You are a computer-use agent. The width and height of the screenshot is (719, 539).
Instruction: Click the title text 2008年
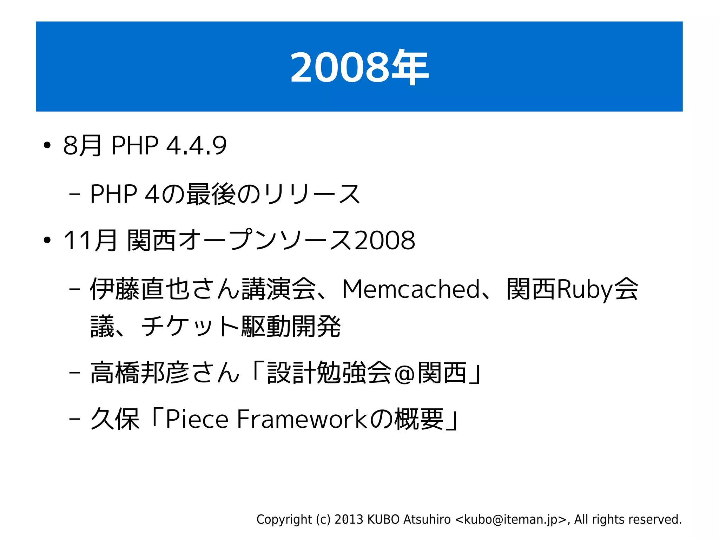pyautogui.click(x=359, y=67)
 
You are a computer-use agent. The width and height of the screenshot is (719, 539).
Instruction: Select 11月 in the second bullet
pyautogui.click(x=90, y=241)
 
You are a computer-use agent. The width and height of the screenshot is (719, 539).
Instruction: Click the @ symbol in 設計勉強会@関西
pyautogui.click(x=404, y=374)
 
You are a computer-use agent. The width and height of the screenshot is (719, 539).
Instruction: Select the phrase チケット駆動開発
pyautogui.click(x=240, y=327)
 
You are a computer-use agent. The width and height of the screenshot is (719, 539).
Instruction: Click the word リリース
pyautogui.click(x=312, y=194)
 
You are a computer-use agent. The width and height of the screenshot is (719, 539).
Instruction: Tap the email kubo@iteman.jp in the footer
pyautogui.click(x=511, y=519)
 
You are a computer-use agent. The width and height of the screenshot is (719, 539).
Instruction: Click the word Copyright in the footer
pyautogui.click(x=284, y=519)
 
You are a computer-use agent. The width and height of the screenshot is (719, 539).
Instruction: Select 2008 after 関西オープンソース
pyautogui.click(x=385, y=241)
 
